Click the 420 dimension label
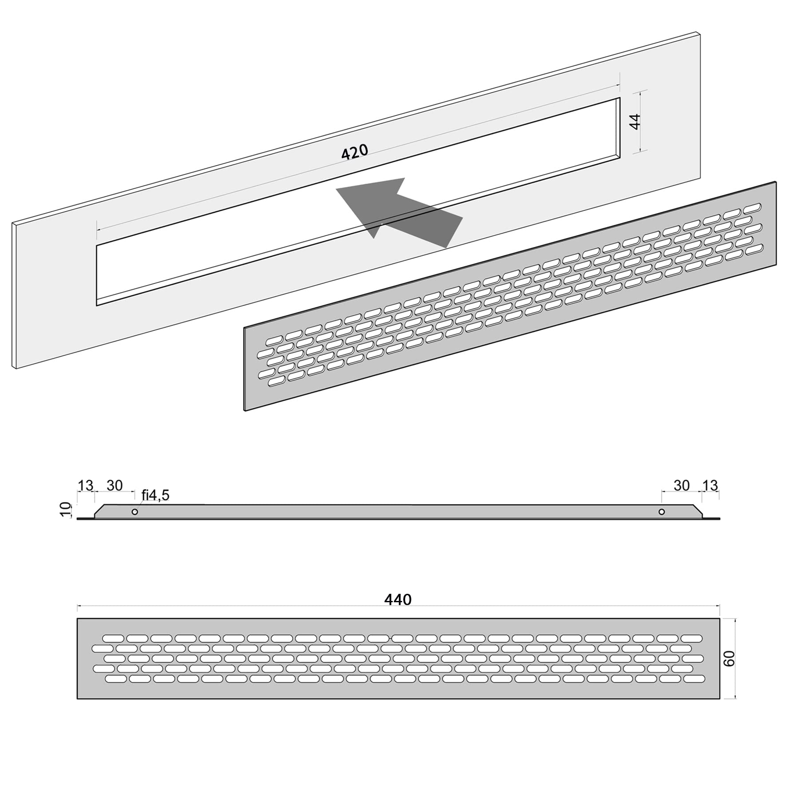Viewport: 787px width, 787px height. pyautogui.click(x=355, y=152)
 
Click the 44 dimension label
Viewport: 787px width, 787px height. pyautogui.click(x=636, y=122)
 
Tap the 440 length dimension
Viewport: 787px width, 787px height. pyautogui.click(x=398, y=600)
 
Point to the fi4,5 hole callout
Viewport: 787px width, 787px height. pyautogui.click(x=155, y=495)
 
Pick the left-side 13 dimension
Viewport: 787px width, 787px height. pyautogui.click(x=85, y=485)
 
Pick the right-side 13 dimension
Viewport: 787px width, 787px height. pyautogui.click(x=710, y=485)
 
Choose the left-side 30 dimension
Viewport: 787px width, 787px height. pyautogui.click(x=114, y=485)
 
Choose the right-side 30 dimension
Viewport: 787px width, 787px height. pyautogui.click(x=682, y=485)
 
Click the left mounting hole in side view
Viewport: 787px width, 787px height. pyautogui.click(x=135, y=512)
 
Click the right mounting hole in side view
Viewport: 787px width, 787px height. pyautogui.click(x=662, y=512)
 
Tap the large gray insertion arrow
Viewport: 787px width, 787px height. pyautogui.click(x=399, y=212)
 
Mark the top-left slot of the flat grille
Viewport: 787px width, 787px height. pyautogui.click(x=113, y=638)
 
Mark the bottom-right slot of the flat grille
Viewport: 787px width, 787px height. pyautogui.click(x=693, y=679)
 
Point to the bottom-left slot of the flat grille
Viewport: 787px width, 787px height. pyautogui.click(x=116, y=679)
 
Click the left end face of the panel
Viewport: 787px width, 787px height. pyautogui.click(x=15, y=295)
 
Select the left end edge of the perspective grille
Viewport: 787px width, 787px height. pyautogui.click(x=244, y=369)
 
